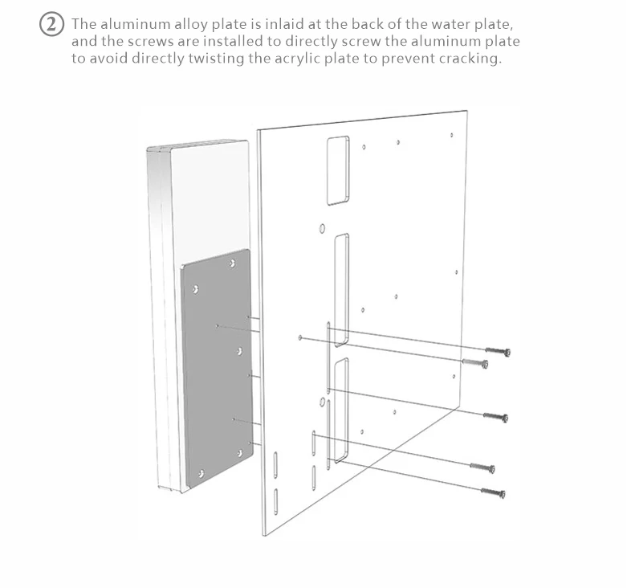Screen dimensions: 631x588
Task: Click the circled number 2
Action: pos(51,24)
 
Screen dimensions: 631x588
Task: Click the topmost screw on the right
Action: pos(499,351)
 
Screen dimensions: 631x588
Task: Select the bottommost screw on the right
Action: pos(494,492)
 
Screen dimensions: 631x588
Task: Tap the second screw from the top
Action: pos(475,363)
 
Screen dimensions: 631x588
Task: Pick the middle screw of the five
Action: pos(495,417)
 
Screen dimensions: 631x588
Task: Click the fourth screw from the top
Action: pos(482,468)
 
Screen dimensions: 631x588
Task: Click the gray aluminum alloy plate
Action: pos(218,369)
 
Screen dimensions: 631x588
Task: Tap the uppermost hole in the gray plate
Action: pos(232,263)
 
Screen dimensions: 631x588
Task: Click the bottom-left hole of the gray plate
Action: pos(202,474)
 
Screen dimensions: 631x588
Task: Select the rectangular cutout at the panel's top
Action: pos(338,170)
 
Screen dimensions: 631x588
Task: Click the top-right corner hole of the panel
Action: pos(451,135)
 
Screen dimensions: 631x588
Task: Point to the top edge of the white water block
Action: pos(197,144)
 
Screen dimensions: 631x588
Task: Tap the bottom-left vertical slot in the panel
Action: pos(275,501)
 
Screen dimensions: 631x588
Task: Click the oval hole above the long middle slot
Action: pos(322,229)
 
